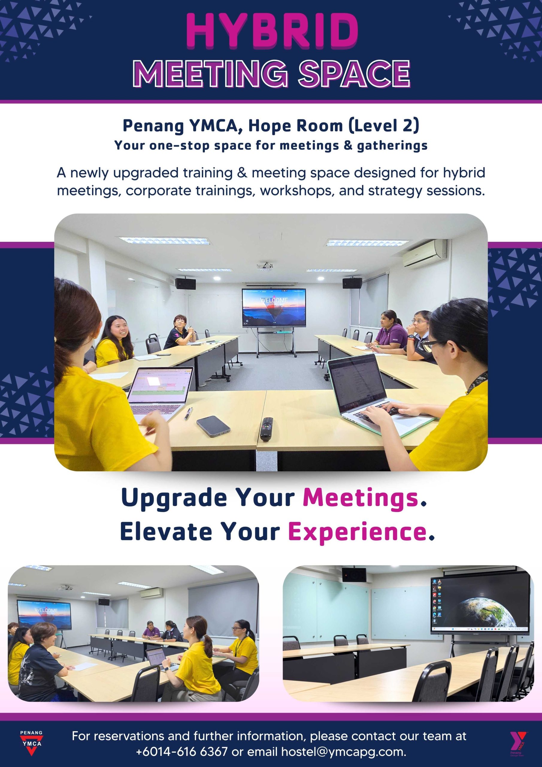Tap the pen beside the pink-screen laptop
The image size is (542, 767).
pyautogui.click(x=189, y=413)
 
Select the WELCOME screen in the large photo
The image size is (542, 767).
pyautogui.click(x=274, y=307)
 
